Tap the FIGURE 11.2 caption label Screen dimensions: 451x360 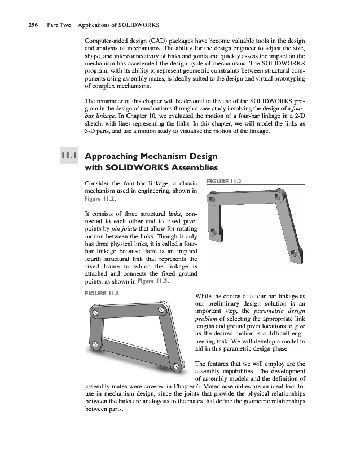(x=225, y=182)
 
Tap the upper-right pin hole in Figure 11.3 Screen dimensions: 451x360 (x=163, y=309)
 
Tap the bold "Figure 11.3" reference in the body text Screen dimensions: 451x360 (x=152, y=282)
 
